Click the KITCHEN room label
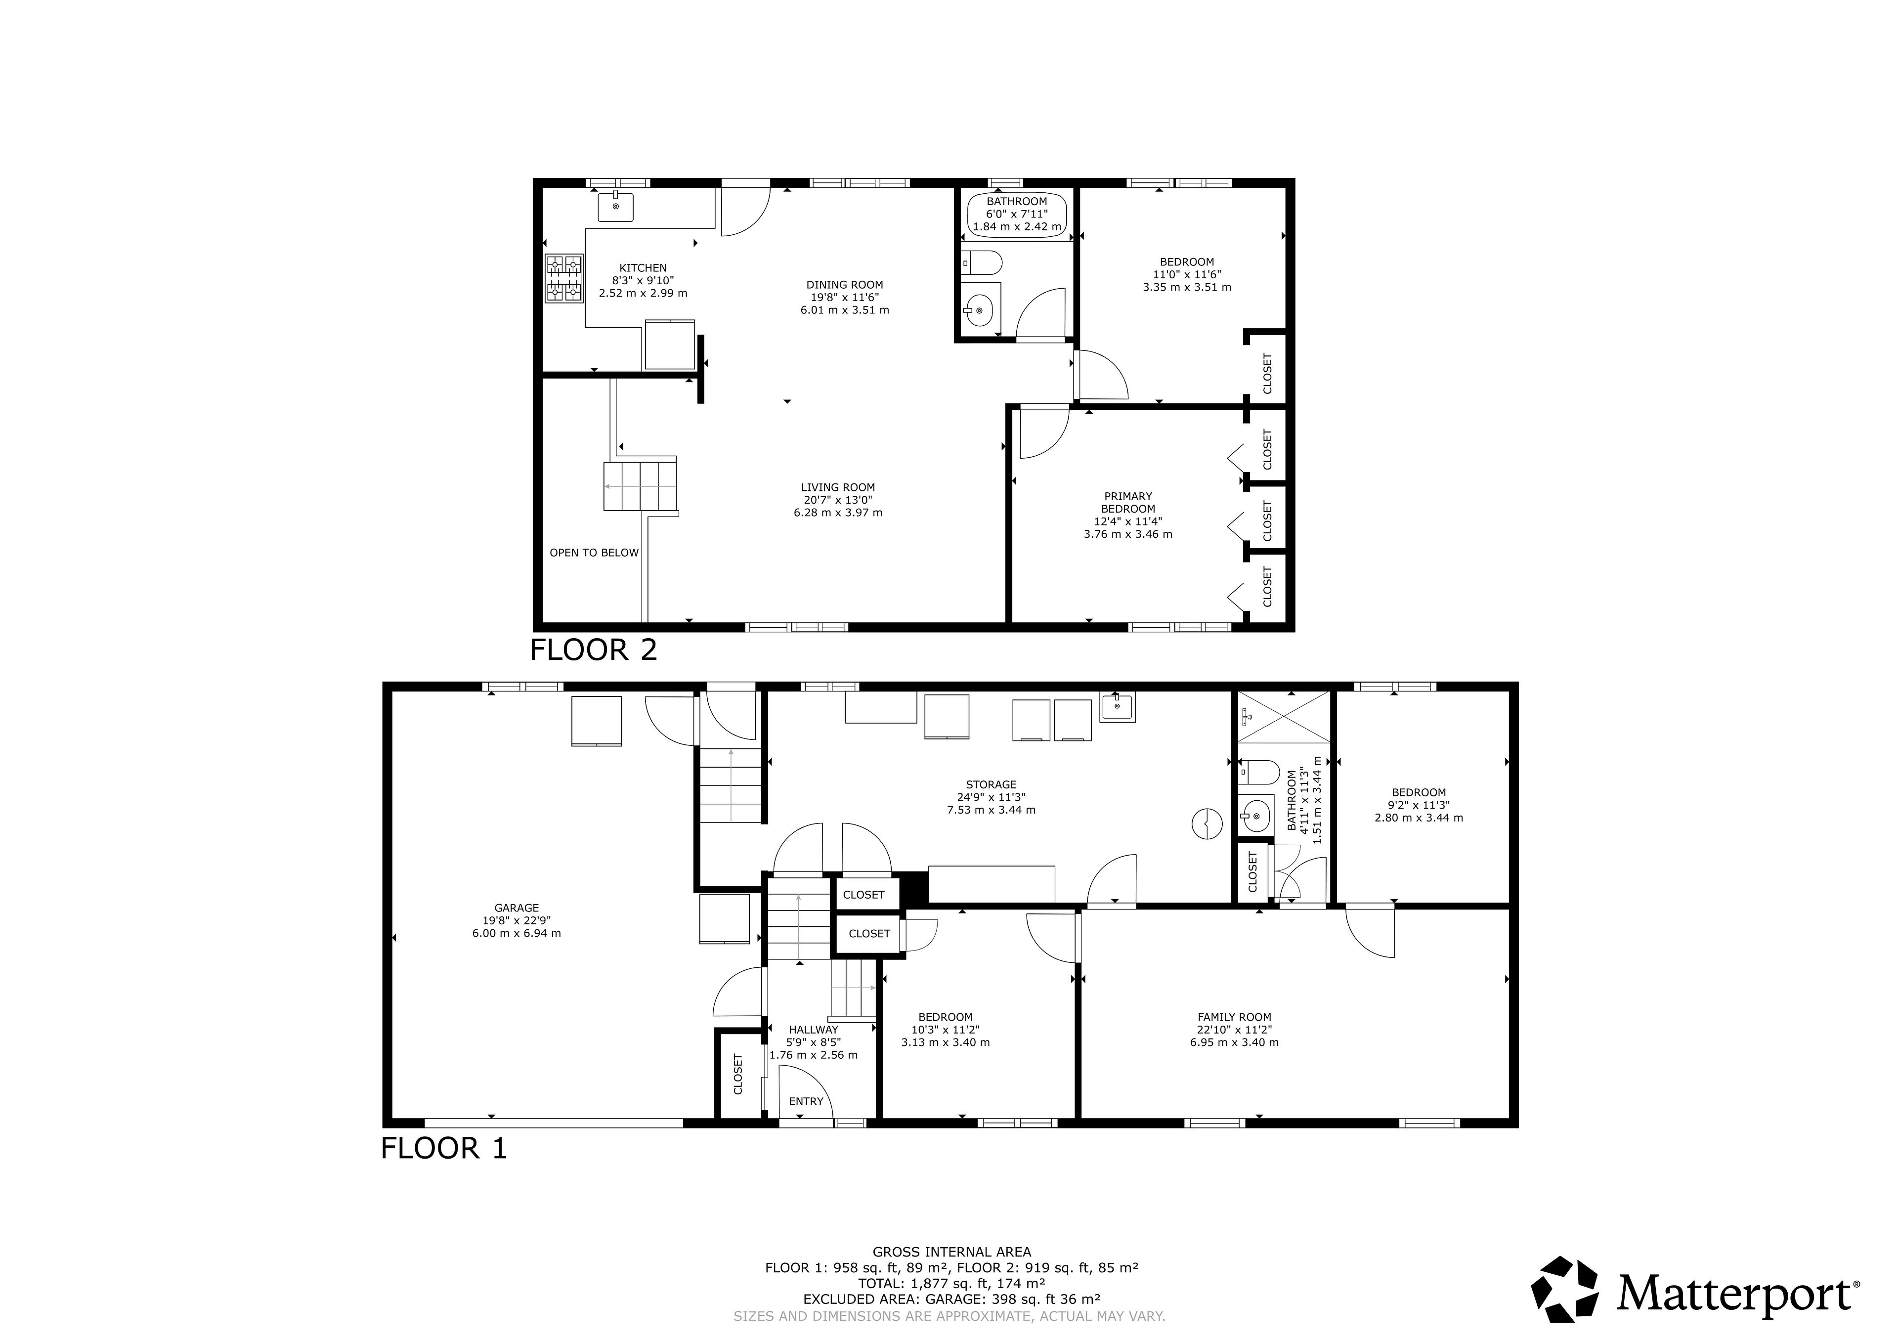click(x=643, y=268)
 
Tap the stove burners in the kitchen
click(x=564, y=279)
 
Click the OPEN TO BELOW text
click(x=595, y=552)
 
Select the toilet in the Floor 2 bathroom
click(x=982, y=263)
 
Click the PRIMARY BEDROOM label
click(x=1128, y=503)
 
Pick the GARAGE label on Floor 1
click(x=517, y=908)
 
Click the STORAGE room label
click(x=991, y=785)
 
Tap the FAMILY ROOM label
click(x=1234, y=1017)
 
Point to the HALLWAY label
click(x=814, y=1030)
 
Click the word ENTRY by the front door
click(x=806, y=1101)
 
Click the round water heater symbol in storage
click(x=1207, y=823)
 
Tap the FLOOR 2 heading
click(x=594, y=650)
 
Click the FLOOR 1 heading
click(x=444, y=1149)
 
